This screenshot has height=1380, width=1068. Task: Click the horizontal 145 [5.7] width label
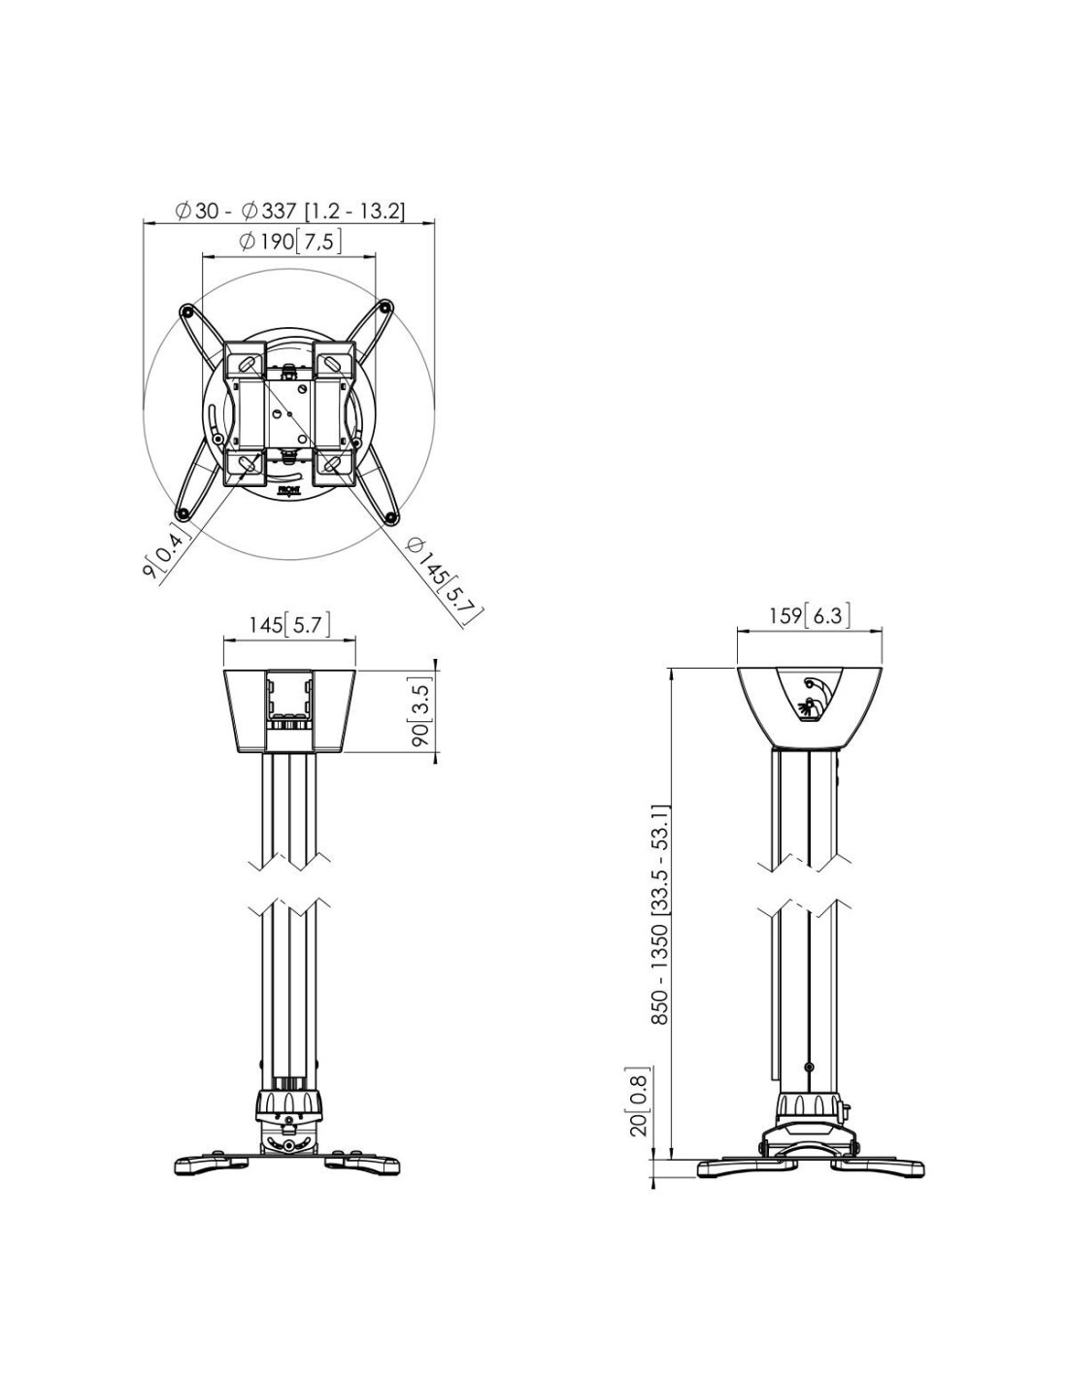click(289, 625)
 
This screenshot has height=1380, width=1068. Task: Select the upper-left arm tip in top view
click(187, 312)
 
